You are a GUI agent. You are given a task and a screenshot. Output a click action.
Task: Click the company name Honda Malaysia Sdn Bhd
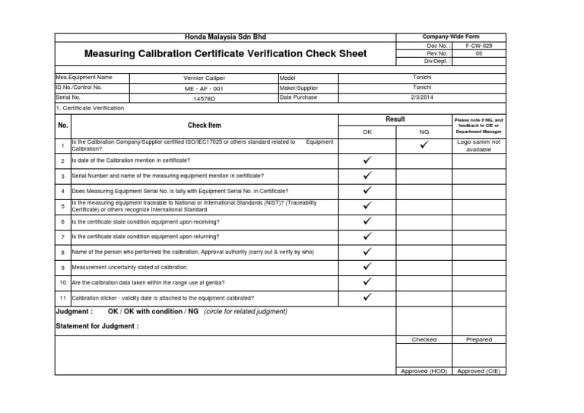(226, 37)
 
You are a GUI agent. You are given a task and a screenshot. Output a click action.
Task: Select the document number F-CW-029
(478, 46)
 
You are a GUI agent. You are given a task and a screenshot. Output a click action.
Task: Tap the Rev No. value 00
(478, 53)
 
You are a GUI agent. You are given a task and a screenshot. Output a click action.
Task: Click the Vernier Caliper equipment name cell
(205, 78)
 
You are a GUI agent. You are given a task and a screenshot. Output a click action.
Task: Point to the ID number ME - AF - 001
(205, 88)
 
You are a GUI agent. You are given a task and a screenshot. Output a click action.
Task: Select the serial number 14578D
(205, 98)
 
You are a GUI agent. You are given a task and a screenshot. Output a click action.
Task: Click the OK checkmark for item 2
(367, 160)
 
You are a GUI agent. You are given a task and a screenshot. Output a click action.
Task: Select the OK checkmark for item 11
(367, 297)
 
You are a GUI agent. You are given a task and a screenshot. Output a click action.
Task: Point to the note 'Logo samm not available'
(478, 145)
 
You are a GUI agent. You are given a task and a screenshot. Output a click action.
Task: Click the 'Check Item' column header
(205, 125)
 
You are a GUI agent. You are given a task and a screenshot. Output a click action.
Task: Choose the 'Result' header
(395, 119)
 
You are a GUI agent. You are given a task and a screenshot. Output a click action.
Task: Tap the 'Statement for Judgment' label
(97, 326)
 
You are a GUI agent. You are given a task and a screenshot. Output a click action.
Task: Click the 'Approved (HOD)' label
(424, 371)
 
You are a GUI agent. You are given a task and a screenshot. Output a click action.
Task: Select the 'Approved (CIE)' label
(479, 371)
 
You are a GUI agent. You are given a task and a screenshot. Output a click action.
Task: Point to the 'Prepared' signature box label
(479, 340)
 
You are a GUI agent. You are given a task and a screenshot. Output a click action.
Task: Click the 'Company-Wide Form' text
(451, 37)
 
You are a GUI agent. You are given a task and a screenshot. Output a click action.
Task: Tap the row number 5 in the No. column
(63, 206)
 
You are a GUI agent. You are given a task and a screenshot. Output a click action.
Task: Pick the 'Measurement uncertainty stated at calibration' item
(129, 268)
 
